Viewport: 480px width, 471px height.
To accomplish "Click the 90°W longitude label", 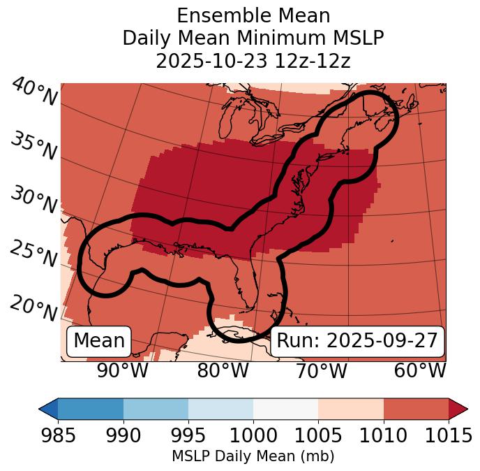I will pyautogui.click(x=122, y=371).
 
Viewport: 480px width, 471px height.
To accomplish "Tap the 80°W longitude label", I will pyautogui.click(x=223, y=371).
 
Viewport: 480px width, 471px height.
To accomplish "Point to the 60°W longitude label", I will pyautogui.click(x=420, y=371).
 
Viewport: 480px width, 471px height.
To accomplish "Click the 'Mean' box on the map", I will pyautogui.click(x=99, y=341).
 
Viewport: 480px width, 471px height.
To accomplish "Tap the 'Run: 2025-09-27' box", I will pyautogui.click(x=357, y=341).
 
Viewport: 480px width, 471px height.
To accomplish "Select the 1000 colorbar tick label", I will pyautogui.click(x=253, y=436).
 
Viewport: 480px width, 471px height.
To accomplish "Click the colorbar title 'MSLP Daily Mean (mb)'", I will pyautogui.click(x=253, y=457).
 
